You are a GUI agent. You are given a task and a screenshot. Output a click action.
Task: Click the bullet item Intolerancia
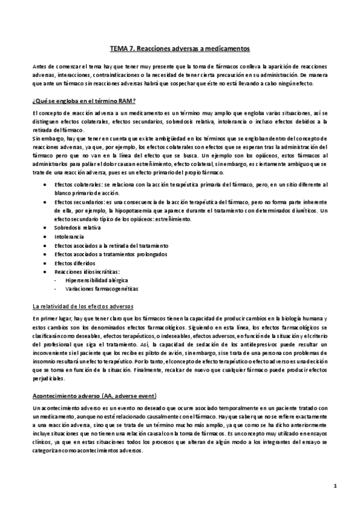pos(67,238)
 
